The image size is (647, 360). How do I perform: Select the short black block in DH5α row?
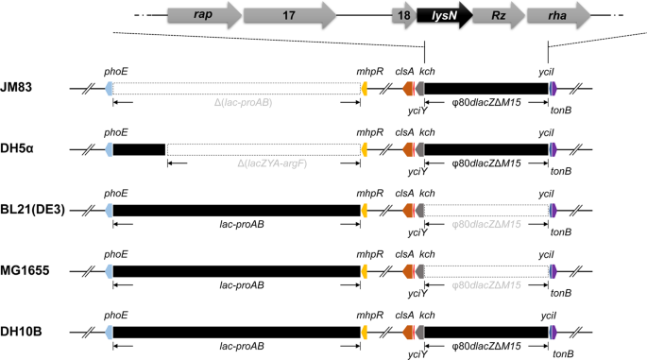[139, 149]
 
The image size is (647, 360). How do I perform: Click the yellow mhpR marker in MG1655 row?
[366, 270]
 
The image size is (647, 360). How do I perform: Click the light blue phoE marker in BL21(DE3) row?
[110, 209]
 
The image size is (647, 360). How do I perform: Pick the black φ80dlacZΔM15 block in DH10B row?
[486, 330]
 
